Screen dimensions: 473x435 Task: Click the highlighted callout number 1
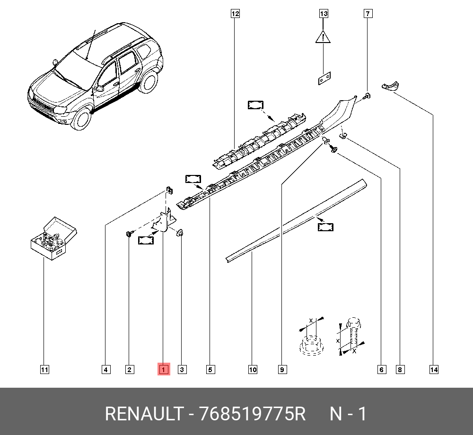click(164, 369)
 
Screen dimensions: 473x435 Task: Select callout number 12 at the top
click(235, 14)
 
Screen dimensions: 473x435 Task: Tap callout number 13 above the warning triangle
click(324, 14)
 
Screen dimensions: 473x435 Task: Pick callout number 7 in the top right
click(368, 14)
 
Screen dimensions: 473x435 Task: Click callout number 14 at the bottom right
click(434, 370)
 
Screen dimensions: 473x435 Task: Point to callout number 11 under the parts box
click(44, 370)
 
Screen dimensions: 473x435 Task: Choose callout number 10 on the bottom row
click(253, 370)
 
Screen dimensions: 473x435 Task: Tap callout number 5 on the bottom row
click(210, 370)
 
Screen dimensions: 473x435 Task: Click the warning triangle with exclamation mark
click(323, 37)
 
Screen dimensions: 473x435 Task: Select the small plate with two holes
click(324, 78)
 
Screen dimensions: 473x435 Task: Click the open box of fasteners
click(54, 238)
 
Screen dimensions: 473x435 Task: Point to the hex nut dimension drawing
click(311, 337)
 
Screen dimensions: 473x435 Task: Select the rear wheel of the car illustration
click(148, 80)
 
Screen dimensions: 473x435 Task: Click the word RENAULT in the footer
click(144, 414)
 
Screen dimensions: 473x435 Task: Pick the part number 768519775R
click(253, 414)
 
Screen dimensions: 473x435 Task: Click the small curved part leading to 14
click(390, 86)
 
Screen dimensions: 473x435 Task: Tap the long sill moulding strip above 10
click(297, 220)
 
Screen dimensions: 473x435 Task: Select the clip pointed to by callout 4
click(169, 190)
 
